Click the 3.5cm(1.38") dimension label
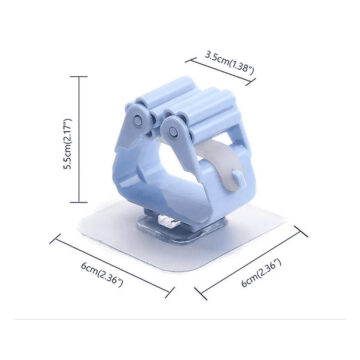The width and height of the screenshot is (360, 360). click(230, 63)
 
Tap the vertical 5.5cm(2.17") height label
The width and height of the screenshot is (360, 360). click(67, 144)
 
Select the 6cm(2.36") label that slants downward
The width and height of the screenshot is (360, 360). click(102, 274)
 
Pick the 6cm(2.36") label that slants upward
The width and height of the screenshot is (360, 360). click(262, 273)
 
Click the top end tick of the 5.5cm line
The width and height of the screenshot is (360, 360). click(79, 77)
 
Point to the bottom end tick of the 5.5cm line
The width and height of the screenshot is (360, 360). click(79, 202)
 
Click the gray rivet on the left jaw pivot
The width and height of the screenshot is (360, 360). click(138, 121)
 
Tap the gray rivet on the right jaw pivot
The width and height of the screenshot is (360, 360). click(173, 132)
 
